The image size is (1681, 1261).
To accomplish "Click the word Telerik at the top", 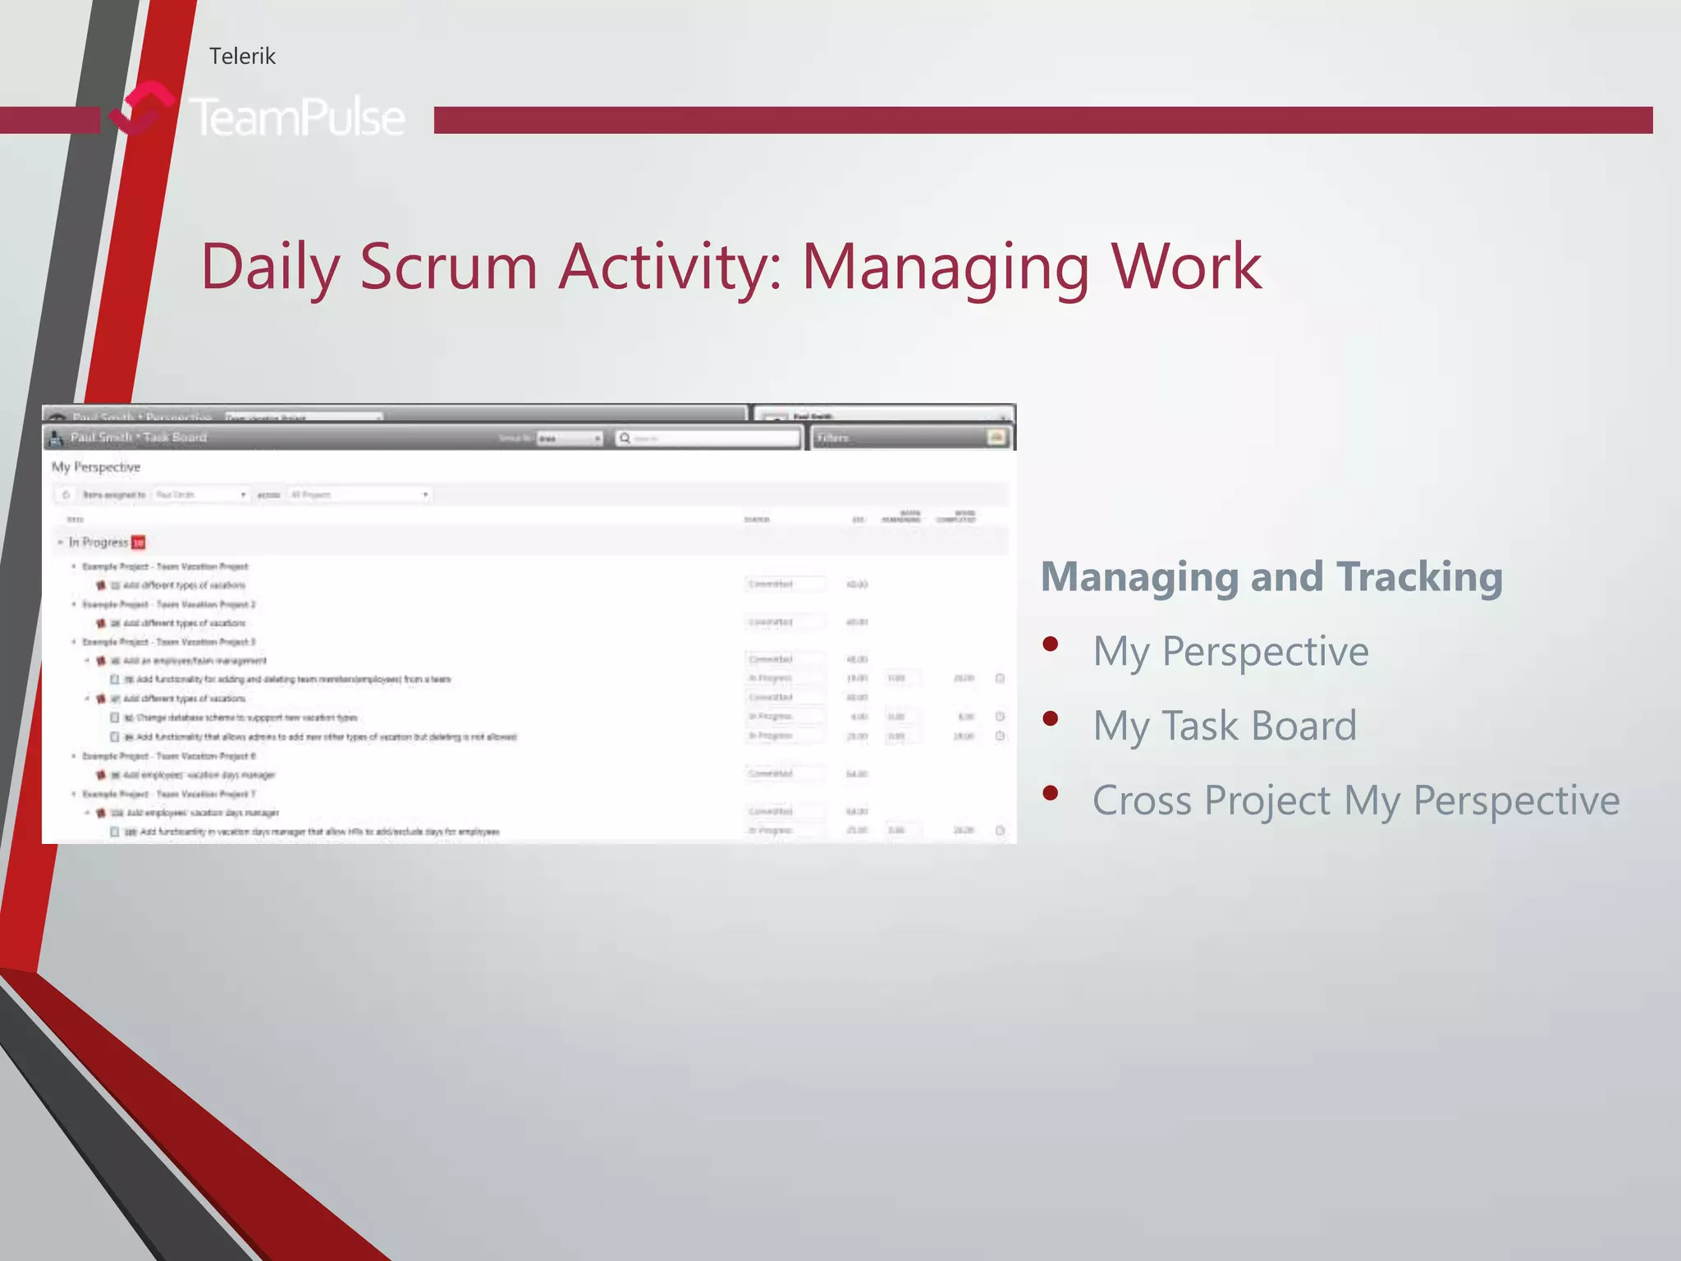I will pos(242,56).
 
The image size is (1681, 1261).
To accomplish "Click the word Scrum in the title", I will pos(448,267).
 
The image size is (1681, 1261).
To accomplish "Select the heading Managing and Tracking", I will pos(1271,576).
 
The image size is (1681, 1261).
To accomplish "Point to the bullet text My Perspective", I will pos(1230,651).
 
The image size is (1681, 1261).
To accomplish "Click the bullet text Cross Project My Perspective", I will pos(1356,800).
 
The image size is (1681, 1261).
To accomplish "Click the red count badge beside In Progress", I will pos(139,543).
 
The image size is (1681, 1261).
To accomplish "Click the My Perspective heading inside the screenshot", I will pos(96,467).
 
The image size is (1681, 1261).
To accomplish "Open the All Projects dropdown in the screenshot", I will pos(360,495).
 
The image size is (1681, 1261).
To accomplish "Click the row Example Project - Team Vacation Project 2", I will pos(168,604).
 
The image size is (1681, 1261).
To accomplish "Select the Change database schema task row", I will pos(246,718).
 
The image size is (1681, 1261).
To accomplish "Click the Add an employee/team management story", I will pos(195,661).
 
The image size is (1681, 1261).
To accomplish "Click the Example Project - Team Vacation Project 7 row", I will pos(168,794).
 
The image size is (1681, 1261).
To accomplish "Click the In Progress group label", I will pos(98,543).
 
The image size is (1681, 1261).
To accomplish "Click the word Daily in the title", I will pos(269,267).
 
